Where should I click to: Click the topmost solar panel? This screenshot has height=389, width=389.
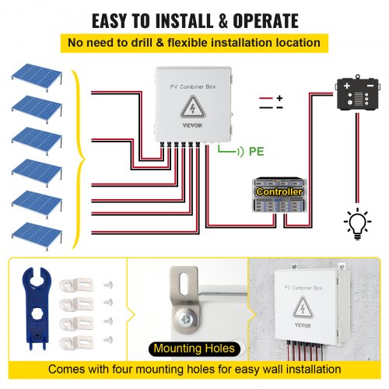[37, 77]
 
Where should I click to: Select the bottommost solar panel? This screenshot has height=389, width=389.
[37, 236]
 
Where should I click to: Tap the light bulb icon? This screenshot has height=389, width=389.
[357, 224]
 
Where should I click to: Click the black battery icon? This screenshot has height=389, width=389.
[358, 93]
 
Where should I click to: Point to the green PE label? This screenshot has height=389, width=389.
[256, 152]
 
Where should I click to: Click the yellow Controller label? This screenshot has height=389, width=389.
[279, 191]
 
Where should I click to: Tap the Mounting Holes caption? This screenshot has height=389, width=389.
[194, 349]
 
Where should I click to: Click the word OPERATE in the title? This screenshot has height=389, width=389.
[265, 21]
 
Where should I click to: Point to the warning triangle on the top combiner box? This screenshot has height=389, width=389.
[192, 107]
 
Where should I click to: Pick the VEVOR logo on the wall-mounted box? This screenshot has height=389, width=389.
[303, 325]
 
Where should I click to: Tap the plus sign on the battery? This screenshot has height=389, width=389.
[346, 86]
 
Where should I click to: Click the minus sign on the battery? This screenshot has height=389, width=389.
[370, 86]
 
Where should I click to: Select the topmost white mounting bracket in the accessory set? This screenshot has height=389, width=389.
[76, 285]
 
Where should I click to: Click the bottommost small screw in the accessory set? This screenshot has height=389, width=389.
[108, 340]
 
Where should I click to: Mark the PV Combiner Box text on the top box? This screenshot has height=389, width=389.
[193, 86]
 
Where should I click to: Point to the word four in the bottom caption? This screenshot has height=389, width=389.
[121, 370]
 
